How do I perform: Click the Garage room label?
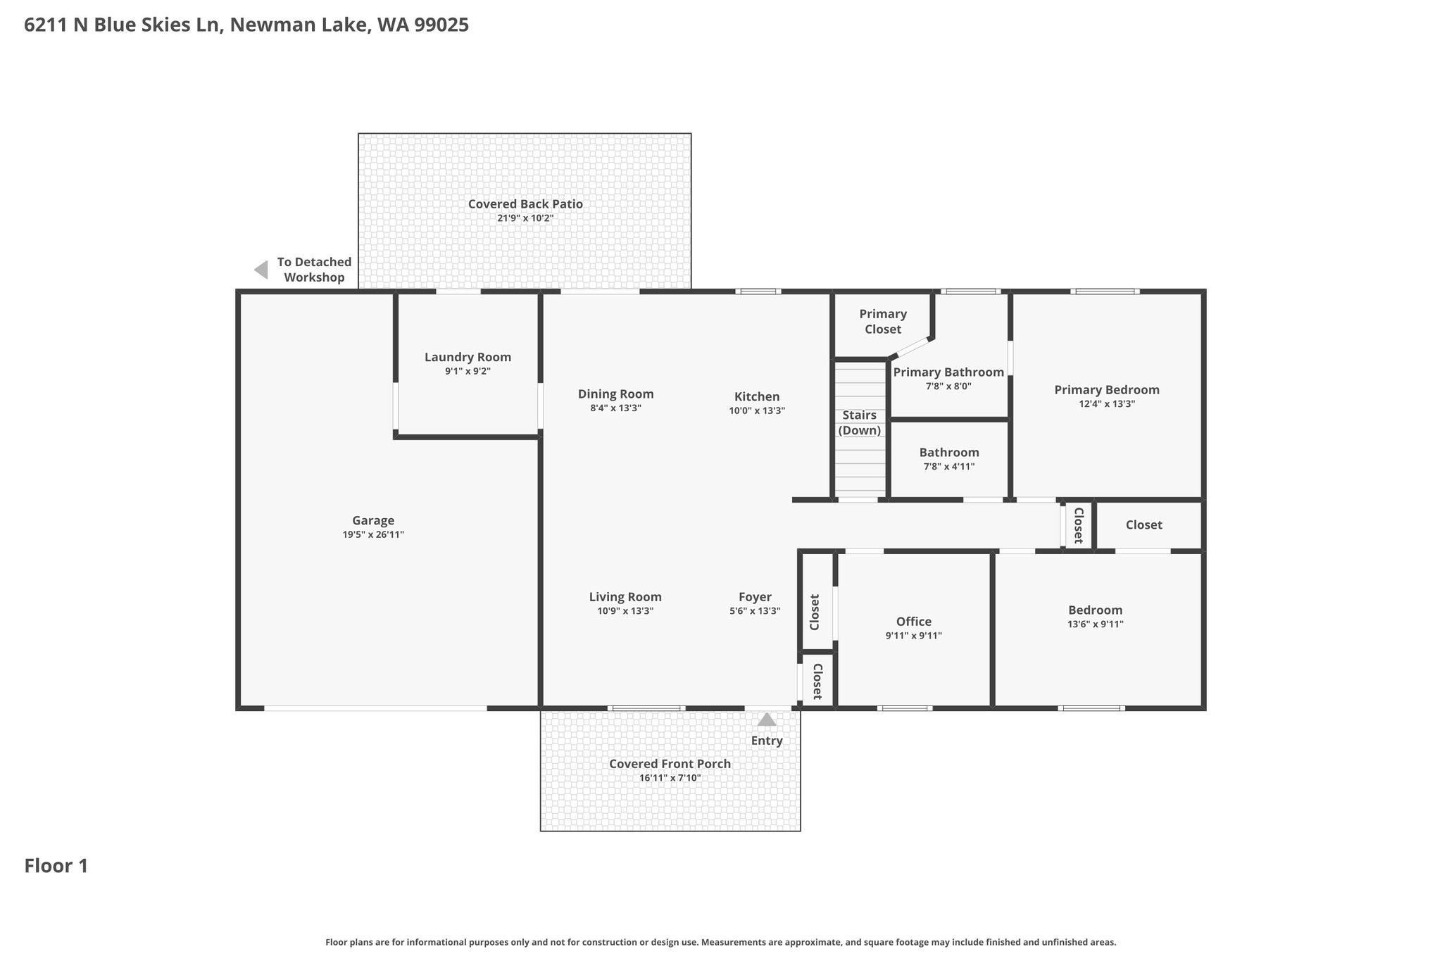tap(373, 521)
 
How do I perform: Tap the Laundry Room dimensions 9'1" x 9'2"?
tap(468, 371)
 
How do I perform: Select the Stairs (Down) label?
tap(860, 422)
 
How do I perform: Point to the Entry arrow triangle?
tap(767, 720)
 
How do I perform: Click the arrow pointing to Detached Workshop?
tap(261, 270)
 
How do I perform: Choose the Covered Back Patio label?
tap(525, 204)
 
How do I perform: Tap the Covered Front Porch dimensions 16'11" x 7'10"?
tap(670, 778)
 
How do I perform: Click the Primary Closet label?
tap(883, 322)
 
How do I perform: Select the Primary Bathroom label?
tap(948, 372)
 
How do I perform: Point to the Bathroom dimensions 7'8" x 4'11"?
tap(949, 466)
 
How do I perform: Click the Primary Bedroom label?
tap(1107, 390)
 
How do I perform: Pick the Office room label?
tap(914, 622)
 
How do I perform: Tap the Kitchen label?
tap(757, 397)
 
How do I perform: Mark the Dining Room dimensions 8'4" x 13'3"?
tap(616, 408)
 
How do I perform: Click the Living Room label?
tap(625, 597)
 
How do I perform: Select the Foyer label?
tap(755, 597)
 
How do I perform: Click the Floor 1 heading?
tap(56, 866)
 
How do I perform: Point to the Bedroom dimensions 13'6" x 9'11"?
tap(1096, 624)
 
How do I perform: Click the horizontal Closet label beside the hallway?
tap(1144, 525)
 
